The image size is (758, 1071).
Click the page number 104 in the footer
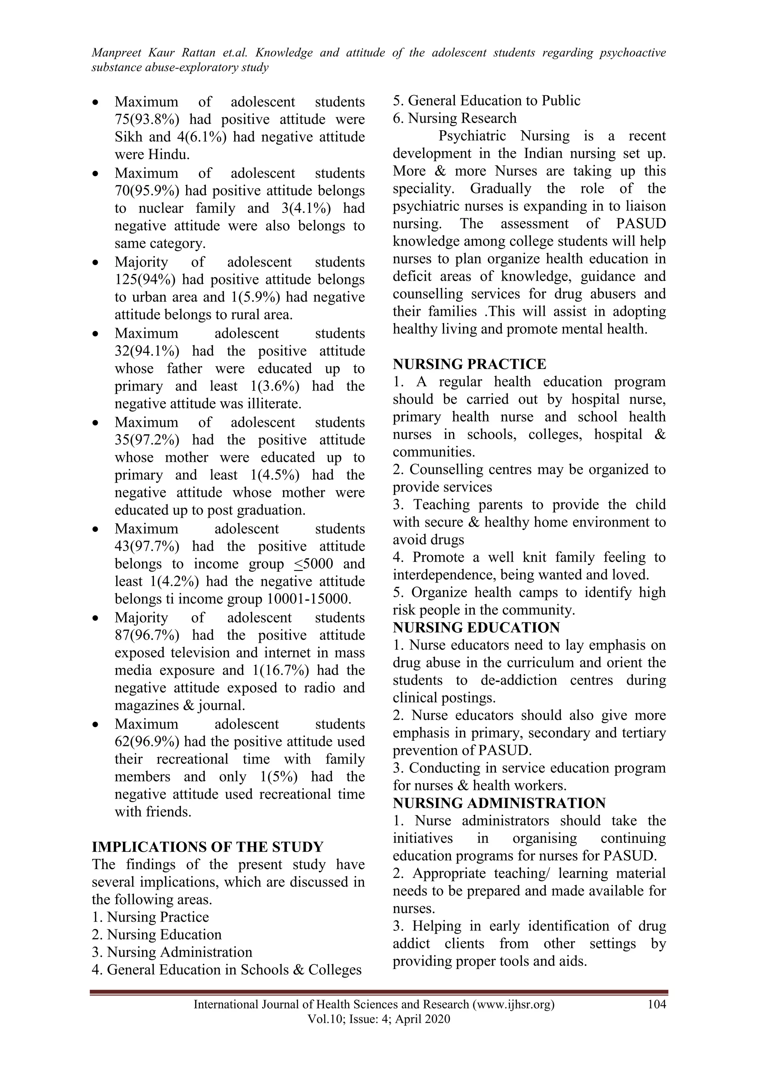[657, 1004]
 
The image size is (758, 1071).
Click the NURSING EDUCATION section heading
[476, 627]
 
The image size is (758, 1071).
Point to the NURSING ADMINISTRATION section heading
[499, 803]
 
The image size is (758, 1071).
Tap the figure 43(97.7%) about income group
[147, 546]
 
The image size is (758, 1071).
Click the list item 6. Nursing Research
[455, 118]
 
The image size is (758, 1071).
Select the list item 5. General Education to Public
[486, 100]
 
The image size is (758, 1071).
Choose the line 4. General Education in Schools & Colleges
[227, 970]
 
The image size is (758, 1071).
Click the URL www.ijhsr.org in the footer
[513, 1004]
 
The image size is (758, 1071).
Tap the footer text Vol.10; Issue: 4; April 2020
[379, 1019]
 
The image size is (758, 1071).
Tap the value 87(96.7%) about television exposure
[147, 635]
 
